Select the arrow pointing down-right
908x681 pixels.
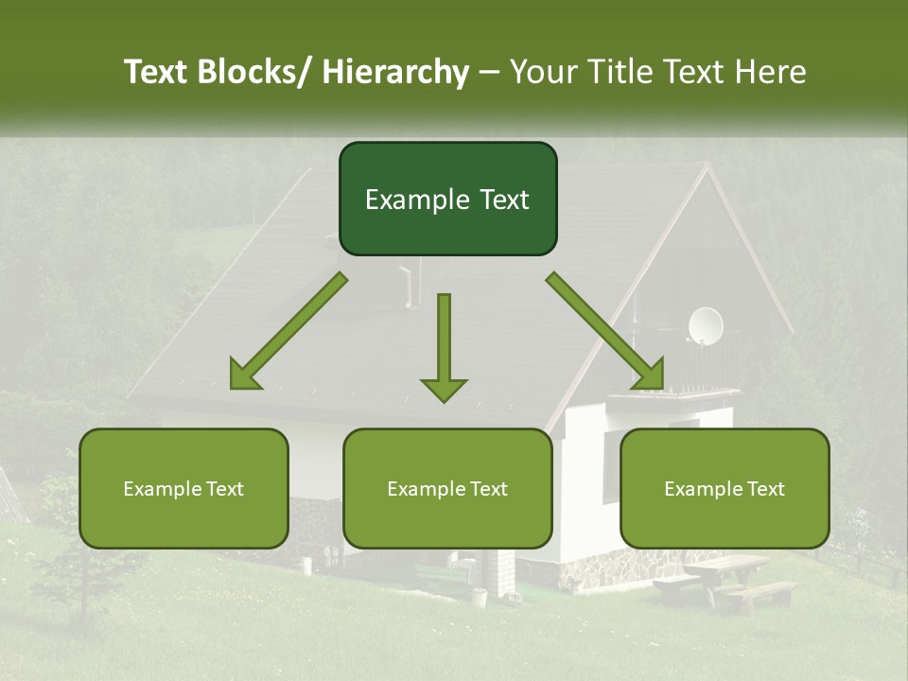[606, 332]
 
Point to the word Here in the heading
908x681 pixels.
[772, 72]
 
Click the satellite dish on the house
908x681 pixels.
[705, 325]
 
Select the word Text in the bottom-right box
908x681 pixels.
[764, 489]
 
